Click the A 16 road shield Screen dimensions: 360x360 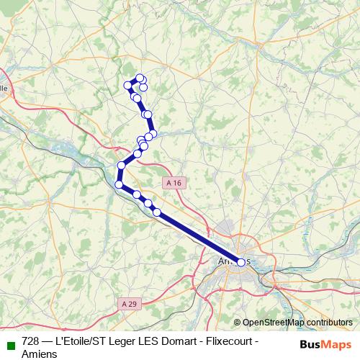coord(173,183)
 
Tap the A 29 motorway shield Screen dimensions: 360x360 coord(129,304)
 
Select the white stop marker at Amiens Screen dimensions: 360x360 coord(240,263)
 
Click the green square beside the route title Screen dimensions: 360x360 coord(10,343)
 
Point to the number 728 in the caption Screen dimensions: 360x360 coord(31,341)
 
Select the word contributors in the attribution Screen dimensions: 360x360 coord(328,323)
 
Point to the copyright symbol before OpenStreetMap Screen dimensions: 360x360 coord(237,323)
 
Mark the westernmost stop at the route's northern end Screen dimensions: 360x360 coord(129,85)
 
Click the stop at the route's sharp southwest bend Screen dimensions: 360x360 coord(119,185)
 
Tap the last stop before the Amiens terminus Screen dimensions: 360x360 coord(157,212)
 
